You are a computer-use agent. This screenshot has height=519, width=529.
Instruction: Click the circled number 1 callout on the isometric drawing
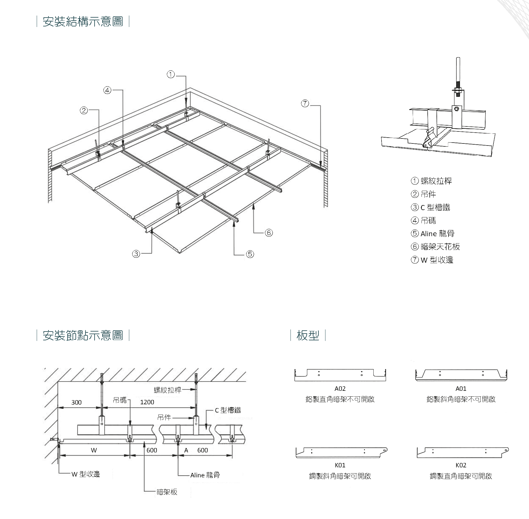171,75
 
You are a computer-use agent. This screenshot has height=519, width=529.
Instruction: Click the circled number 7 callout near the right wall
305,103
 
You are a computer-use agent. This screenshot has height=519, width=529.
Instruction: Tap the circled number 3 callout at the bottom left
136,254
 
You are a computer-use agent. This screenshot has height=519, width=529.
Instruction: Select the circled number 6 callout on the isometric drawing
268,233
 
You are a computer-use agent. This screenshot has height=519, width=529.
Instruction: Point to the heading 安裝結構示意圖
83,22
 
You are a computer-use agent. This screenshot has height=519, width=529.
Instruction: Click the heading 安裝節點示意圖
83,335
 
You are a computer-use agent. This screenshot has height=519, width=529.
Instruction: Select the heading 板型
308,335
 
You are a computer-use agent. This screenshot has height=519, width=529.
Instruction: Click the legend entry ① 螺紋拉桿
431,181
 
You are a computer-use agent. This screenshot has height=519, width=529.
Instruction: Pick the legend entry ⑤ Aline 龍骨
432,234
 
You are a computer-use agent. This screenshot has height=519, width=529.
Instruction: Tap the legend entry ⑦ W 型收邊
432,260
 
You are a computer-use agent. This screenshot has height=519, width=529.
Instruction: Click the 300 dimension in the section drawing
76,402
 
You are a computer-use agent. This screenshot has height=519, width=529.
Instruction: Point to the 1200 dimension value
147,402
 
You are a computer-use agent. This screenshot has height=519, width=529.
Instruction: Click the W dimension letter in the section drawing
94,450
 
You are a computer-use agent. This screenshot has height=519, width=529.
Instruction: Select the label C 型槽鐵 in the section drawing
228,410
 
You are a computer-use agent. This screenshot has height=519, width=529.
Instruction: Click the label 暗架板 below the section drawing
167,492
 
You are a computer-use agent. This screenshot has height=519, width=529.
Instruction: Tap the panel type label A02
340,389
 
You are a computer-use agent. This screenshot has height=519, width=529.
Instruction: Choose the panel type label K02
461,465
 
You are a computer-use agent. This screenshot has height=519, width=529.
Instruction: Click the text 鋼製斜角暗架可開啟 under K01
340,476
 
